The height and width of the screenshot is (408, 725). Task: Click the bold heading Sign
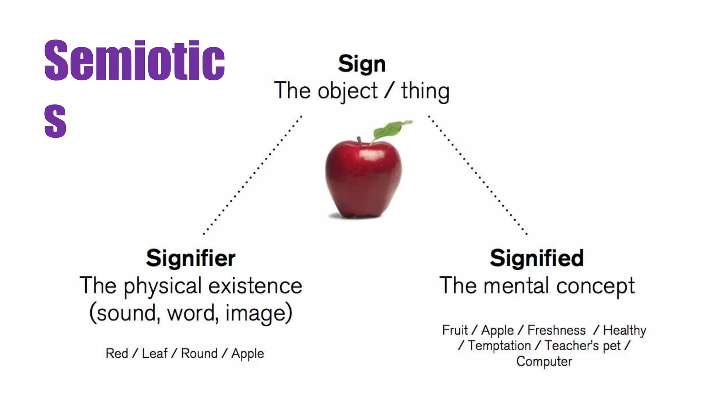(x=361, y=64)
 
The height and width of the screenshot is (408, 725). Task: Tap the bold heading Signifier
(x=190, y=258)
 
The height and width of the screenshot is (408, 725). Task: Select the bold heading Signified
(x=537, y=258)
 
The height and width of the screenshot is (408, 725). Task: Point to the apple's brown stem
(x=359, y=141)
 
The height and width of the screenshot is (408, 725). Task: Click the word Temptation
(x=499, y=345)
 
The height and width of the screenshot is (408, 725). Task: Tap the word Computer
(x=544, y=361)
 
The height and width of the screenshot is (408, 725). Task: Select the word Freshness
(x=556, y=330)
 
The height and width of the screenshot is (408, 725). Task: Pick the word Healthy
(x=624, y=330)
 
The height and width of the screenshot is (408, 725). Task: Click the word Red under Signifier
(x=117, y=353)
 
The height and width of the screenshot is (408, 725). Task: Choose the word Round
(x=199, y=353)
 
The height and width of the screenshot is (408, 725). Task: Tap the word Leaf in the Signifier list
(x=154, y=353)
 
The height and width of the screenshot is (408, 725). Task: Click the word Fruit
(x=455, y=330)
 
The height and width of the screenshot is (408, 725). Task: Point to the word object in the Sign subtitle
(x=348, y=91)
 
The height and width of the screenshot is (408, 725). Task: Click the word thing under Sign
(x=425, y=91)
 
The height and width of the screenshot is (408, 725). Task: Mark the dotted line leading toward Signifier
(x=252, y=175)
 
